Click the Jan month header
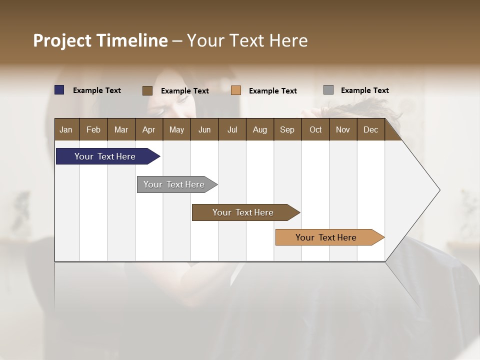click(x=66, y=129)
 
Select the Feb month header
click(x=93, y=129)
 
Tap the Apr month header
click(x=148, y=129)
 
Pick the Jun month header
click(x=204, y=129)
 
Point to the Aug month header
click(x=259, y=129)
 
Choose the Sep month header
click(x=287, y=129)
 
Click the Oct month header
click(x=315, y=129)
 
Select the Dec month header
click(x=370, y=129)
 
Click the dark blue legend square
click(x=59, y=90)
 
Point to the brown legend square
click(x=147, y=90)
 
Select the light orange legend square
click(x=236, y=90)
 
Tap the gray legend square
click(x=328, y=90)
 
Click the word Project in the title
click(x=62, y=40)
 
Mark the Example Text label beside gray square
click(x=364, y=90)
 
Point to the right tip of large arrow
click(x=439, y=190)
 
